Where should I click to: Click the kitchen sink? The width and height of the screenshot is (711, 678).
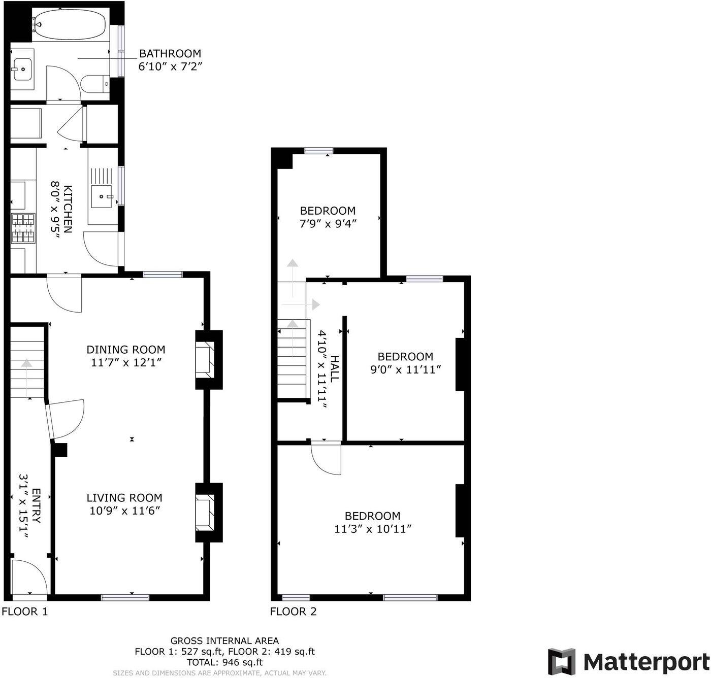point(104,196)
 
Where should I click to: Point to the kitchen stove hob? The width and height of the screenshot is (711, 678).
point(23,228)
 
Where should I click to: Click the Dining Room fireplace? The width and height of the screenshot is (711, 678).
point(206,360)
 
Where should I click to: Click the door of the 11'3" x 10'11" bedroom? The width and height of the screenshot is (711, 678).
point(326,458)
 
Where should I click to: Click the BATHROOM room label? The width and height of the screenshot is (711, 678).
point(170,53)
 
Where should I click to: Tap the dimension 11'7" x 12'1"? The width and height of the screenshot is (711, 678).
point(125,362)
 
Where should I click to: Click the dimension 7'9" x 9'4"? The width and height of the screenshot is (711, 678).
point(328,223)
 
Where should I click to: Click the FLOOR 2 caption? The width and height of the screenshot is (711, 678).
point(293,612)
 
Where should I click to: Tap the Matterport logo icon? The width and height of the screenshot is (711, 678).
point(561,661)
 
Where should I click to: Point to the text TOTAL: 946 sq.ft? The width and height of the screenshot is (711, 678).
point(224,662)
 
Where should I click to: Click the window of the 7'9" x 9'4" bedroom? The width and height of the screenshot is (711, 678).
point(319,150)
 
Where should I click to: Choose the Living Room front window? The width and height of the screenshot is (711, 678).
point(125,597)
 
